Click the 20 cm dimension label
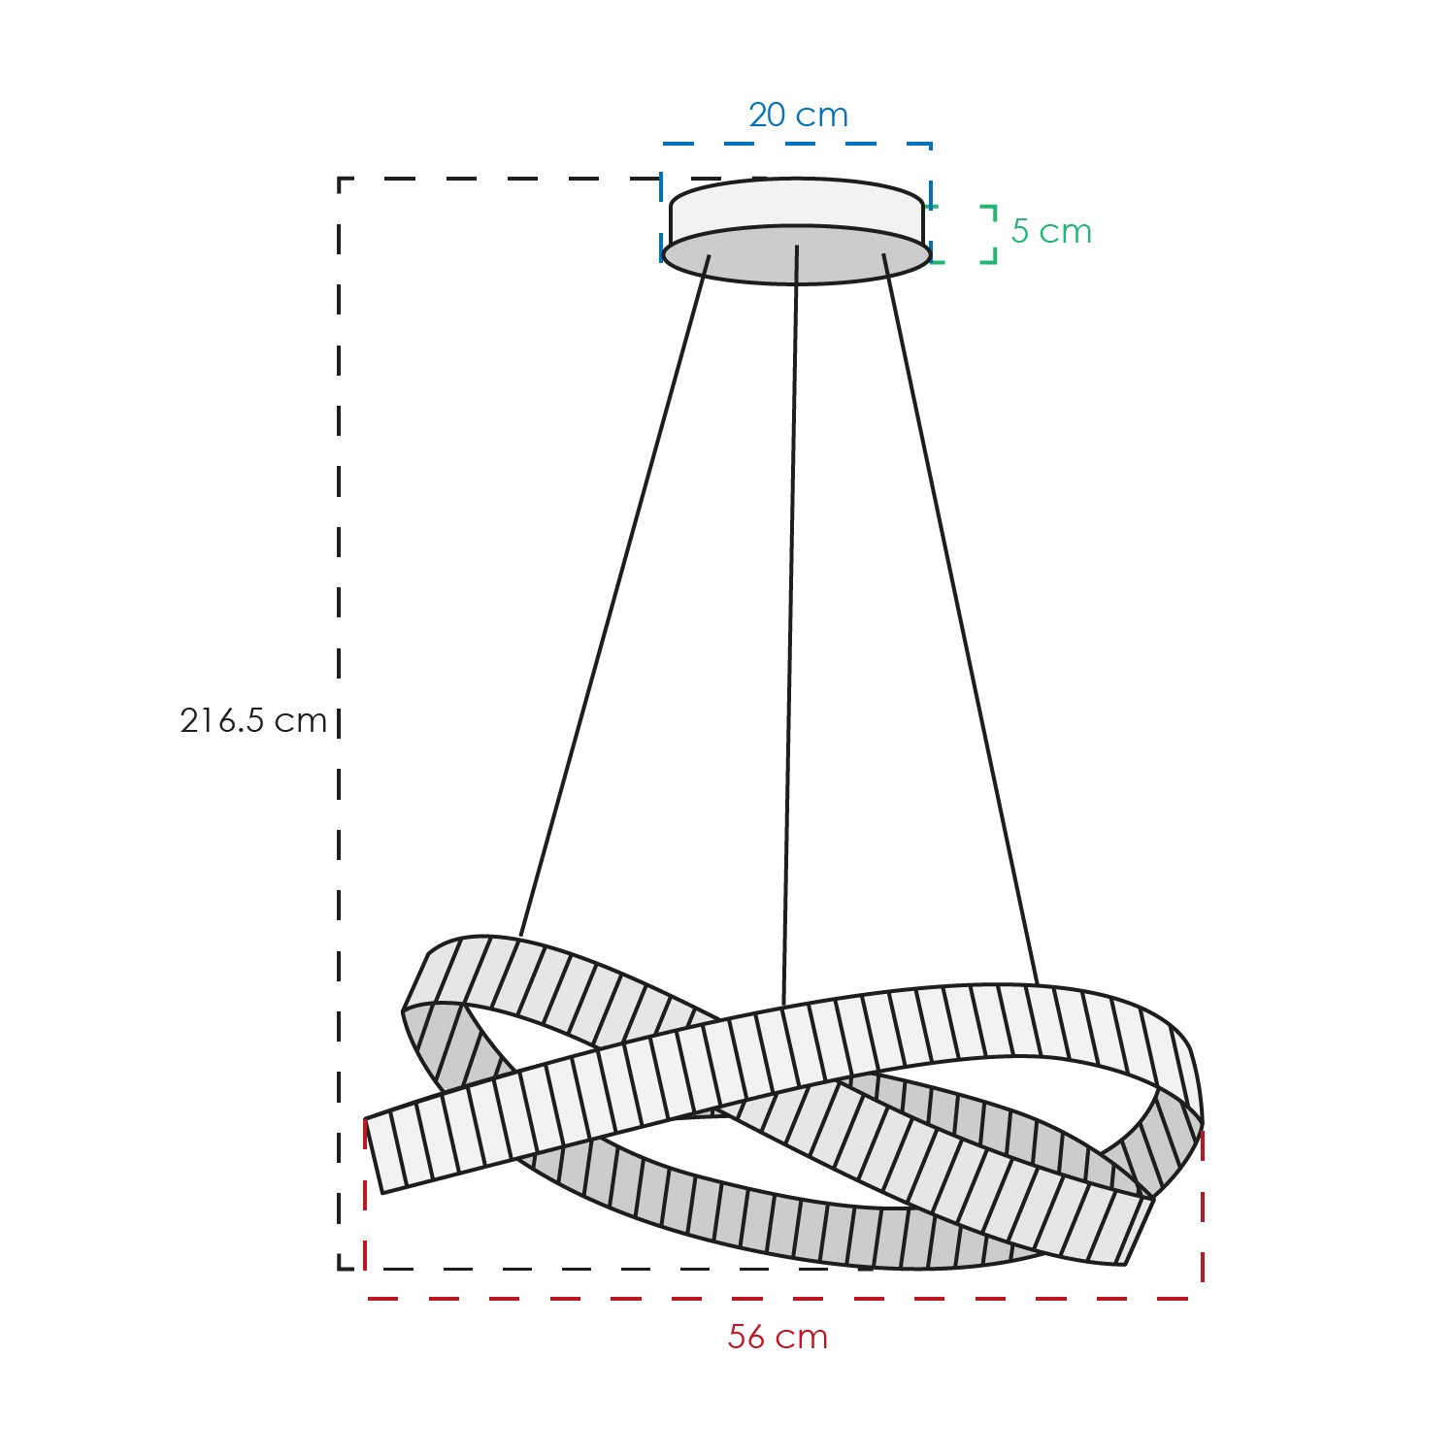(x=798, y=116)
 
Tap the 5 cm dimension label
(x=1051, y=231)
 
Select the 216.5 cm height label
(x=253, y=720)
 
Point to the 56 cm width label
(x=778, y=1337)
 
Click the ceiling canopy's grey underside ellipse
(x=796, y=254)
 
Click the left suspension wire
(x=615, y=595)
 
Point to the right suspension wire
(x=960, y=619)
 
